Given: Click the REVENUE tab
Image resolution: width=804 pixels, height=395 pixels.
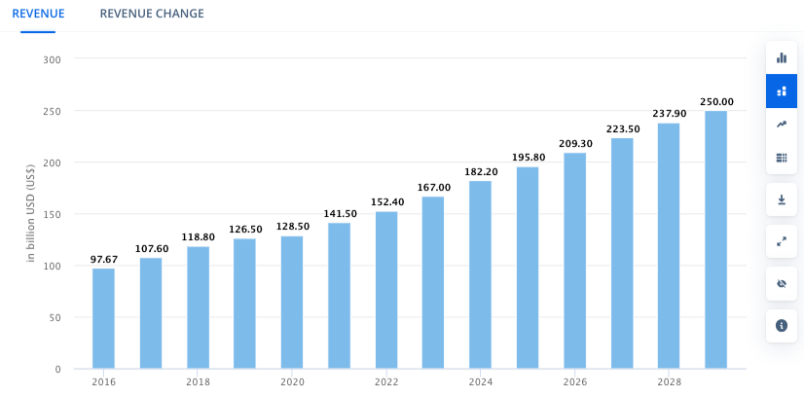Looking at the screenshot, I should (38, 14).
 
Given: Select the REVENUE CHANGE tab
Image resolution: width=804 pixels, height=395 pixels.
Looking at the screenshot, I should (152, 14).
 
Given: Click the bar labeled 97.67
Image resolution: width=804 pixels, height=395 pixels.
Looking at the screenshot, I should (104, 318).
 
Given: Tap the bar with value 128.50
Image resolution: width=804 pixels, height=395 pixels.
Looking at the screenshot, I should (292, 303).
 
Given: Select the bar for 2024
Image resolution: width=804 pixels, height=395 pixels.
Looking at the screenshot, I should (480, 274).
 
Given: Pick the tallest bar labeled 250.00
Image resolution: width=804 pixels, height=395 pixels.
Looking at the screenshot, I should (715, 239).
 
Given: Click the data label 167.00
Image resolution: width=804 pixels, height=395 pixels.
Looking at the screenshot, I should (433, 187).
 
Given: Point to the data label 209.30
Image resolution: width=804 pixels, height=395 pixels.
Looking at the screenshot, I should (574, 143).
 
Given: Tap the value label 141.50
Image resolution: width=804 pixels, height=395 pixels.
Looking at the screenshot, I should (339, 213).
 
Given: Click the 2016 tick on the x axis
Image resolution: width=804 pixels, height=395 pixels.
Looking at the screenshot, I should (103, 382).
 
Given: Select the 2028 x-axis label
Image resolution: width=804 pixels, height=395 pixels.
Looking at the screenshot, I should (668, 382).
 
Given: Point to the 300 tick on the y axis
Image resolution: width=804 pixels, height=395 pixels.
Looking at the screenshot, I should (53, 59).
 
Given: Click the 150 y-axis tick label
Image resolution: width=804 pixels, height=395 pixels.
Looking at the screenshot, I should (53, 214).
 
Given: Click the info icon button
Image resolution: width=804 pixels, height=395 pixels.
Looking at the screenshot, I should (781, 325).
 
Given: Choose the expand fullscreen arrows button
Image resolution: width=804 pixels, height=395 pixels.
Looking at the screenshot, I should (781, 240).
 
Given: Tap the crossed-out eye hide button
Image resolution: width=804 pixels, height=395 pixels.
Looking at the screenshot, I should (781, 283).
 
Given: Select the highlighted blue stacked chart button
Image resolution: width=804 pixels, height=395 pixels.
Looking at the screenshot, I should (781, 90).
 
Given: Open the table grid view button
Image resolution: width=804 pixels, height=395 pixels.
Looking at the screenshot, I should (781, 158).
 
